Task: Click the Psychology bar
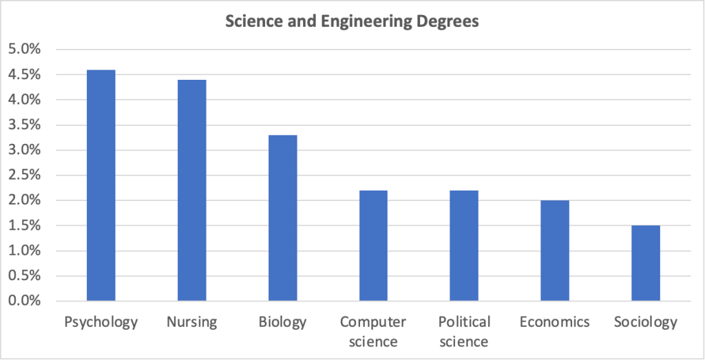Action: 101,186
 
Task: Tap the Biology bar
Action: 282,218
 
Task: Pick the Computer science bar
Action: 373,246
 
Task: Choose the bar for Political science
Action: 464,246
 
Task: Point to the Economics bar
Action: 555,251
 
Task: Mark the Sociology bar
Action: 646,264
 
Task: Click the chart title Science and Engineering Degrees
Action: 352,22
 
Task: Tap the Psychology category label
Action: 101,322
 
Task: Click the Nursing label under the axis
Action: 191,322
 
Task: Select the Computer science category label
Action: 373,331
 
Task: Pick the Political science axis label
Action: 464,331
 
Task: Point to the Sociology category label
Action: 646,322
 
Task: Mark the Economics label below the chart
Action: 555,322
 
